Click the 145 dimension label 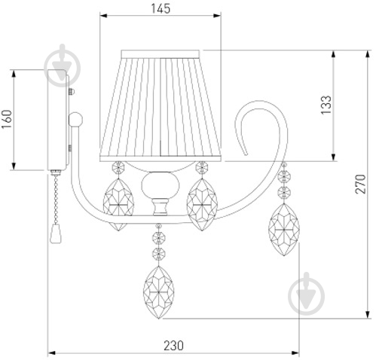click(160, 8)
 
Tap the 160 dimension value click(8, 119)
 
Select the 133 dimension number click(326, 105)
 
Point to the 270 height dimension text click(360, 184)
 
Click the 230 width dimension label click(173, 346)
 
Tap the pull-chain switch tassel click(56, 233)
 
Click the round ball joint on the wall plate click(75, 120)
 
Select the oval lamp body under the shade click(160, 185)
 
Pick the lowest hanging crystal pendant click(159, 292)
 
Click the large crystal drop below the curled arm click(284, 230)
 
